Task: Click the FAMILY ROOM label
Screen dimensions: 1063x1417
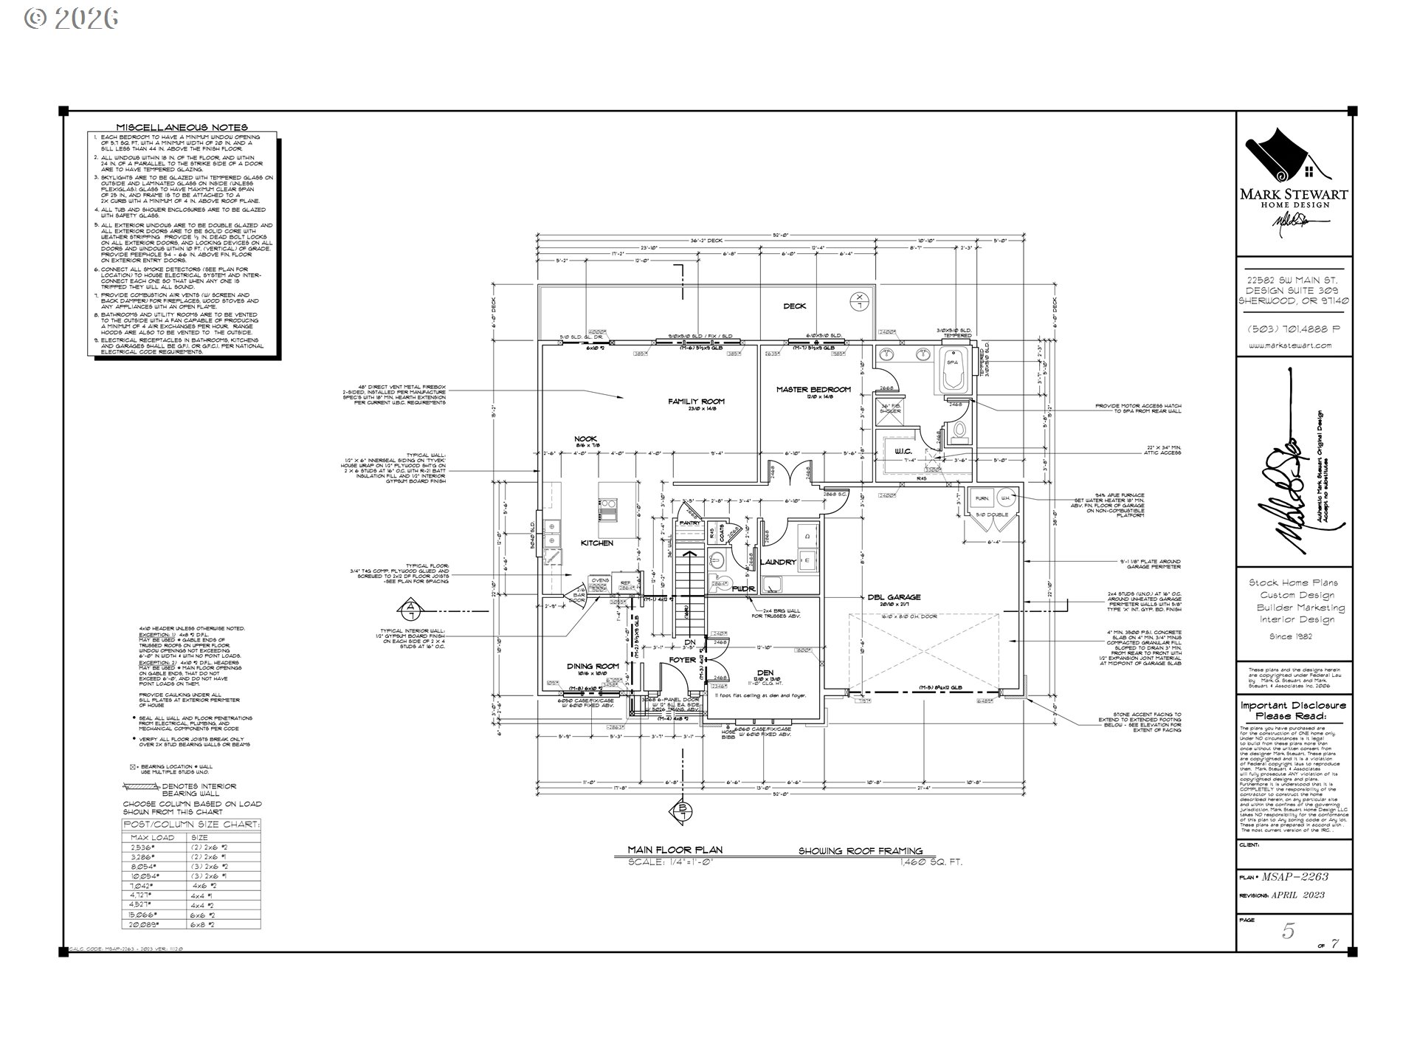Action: tap(696, 402)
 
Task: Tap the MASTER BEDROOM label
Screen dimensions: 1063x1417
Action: tap(813, 389)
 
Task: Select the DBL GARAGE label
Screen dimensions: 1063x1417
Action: tap(894, 597)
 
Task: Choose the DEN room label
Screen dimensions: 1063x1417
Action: tap(765, 672)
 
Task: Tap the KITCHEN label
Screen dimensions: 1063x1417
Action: tap(597, 543)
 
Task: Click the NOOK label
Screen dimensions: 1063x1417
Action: tap(586, 438)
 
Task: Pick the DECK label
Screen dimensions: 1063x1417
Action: tap(794, 306)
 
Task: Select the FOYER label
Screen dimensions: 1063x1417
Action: tap(682, 660)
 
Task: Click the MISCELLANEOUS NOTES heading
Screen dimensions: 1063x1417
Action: tap(182, 127)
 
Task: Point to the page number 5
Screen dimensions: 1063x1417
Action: tap(1288, 932)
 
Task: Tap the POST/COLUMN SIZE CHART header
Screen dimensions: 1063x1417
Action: tap(191, 825)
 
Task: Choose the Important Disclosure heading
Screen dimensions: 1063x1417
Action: tap(1293, 710)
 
